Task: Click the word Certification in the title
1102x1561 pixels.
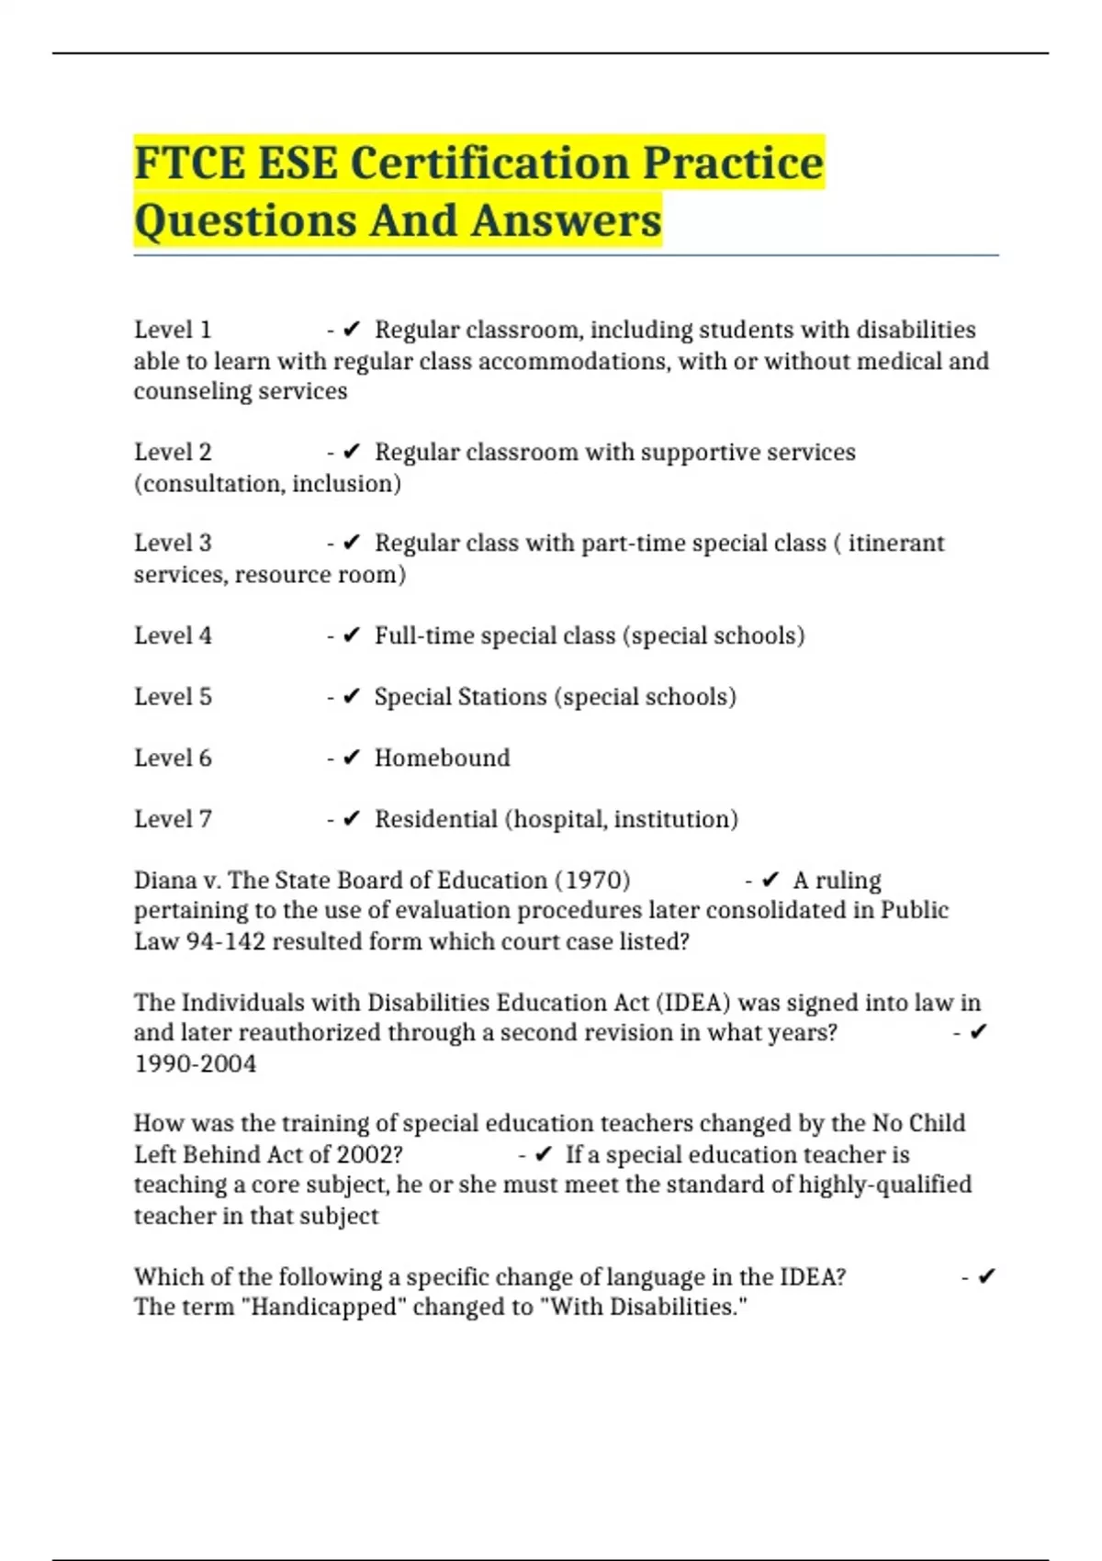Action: coord(489,163)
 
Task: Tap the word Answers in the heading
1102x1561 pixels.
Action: coord(567,220)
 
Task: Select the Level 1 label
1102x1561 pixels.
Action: coord(173,330)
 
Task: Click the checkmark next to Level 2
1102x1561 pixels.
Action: coord(351,452)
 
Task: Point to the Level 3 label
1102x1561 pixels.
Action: coord(173,543)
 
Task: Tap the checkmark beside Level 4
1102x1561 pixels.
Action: coord(351,635)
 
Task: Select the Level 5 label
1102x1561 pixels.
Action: coord(173,696)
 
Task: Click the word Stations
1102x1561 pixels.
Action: coord(460,696)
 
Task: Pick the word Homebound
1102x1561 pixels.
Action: coord(442,758)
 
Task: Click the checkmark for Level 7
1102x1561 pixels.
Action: coord(351,819)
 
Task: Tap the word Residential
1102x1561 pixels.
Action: coord(435,819)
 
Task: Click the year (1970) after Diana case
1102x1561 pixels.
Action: coord(592,880)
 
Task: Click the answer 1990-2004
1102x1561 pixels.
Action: coord(195,1063)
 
